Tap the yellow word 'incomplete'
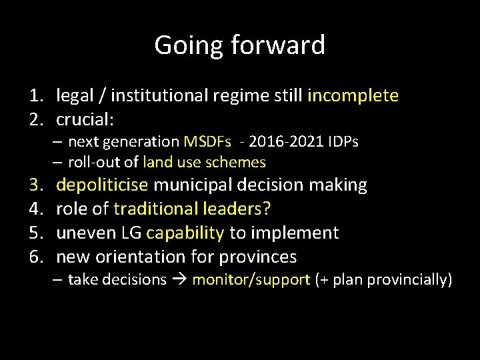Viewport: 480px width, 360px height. [353, 96]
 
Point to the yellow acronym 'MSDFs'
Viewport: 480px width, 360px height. [207, 142]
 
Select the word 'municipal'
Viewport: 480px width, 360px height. [211, 185]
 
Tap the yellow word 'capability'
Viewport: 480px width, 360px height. [185, 233]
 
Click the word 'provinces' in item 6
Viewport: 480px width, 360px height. [256, 257]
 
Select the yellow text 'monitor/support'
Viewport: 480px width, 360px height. [251, 280]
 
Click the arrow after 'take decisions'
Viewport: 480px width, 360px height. [179, 280]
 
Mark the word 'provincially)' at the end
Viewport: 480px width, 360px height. [411, 280]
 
